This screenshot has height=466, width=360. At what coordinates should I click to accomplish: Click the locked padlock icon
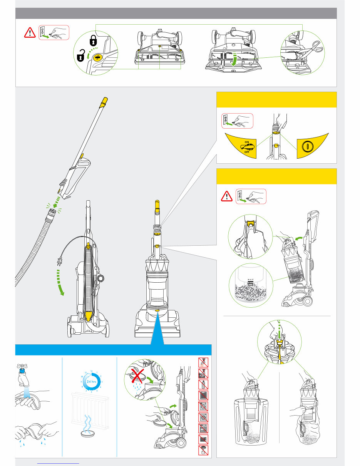coord(93,39)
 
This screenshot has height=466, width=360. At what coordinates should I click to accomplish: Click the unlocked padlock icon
coord(80,57)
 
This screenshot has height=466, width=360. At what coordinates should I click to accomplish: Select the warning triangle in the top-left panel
coord(29,33)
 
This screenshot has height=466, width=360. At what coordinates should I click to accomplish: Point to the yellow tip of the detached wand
coord(104,102)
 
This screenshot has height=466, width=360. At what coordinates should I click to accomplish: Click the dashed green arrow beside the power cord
coord(59,283)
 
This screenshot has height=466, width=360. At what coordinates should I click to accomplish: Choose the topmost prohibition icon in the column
coord(203,362)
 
